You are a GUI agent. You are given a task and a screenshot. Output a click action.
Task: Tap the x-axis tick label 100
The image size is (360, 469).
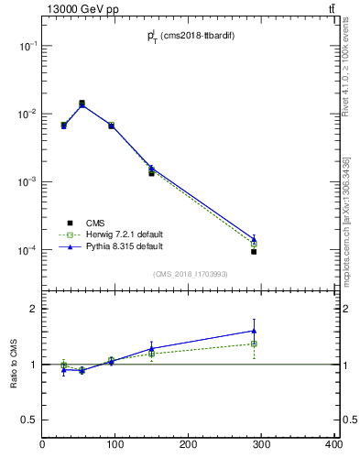point(115,445)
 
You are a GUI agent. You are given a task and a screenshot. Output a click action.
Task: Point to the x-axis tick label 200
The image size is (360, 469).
point(188,445)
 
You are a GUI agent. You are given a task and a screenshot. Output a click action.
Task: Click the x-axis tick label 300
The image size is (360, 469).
point(261,445)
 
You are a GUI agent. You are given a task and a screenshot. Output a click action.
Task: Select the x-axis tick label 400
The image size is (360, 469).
point(333,445)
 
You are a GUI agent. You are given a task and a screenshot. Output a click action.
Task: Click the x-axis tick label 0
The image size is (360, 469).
point(43,445)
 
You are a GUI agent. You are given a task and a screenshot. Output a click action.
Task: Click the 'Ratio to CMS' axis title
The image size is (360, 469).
point(14,365)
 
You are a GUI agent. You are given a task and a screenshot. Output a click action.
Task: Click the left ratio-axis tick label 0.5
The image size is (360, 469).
point(30,420)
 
